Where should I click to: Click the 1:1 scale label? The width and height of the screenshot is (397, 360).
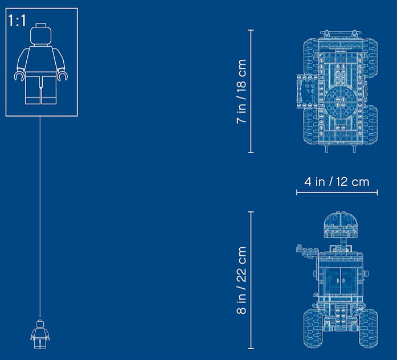[17, 21]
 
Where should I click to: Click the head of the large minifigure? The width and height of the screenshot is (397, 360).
[41, 34]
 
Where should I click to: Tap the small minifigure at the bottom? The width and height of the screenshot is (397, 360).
[40, 334]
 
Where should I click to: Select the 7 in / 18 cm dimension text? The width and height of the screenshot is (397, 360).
[242, 91]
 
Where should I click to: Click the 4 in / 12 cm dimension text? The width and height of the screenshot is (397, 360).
[337, 182]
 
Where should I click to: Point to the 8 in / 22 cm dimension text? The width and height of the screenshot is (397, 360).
[242, 280]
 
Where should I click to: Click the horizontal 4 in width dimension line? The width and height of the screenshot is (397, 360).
[337, 193]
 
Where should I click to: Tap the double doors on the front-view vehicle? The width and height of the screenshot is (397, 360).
[341, 280]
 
